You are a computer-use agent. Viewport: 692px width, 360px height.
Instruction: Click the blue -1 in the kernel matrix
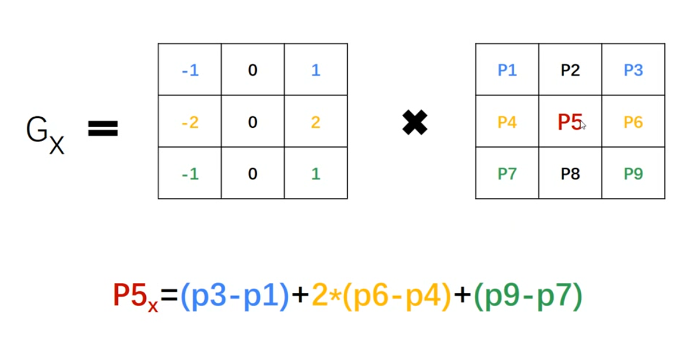pyautogui.click(x=190, y=70)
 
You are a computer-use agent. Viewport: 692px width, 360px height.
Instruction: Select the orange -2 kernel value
pyautogui.click(x=190, y=122)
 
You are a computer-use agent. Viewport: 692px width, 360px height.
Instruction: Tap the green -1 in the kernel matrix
pyautogui.click(x=190, y=174)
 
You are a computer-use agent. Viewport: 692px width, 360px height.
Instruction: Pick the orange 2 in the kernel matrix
pyautogui.click(x=315, y=122)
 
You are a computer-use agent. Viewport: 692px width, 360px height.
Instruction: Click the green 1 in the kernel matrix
pyautogui.click(x=315, y=174)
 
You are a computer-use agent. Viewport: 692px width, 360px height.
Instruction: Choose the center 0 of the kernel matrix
pyautogui.click(x=253, y=122)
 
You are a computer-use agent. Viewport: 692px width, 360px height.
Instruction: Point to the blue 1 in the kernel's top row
pyautogui.click(x=315, y=70)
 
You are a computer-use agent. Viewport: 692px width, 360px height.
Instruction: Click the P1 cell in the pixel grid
pyautogui.click(x=507, y=70)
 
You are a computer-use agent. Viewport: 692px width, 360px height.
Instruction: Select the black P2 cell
pyautogui.click(x=570, y=70)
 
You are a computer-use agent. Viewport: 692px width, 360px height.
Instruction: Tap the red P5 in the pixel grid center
pyautogui.click(x=569, y=122)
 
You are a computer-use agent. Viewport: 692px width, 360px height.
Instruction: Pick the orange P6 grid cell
pyautogui.click(x=633, y=122)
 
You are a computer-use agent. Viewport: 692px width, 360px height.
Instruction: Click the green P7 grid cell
pyautogui.click(x=507, y=174)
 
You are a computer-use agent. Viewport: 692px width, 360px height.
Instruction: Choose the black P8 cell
pyautogui.click(x=570, y=174)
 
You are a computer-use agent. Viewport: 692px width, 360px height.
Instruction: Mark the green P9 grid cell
pyautogui.click(x=633, y=174)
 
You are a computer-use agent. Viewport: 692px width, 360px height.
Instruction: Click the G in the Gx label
pyautogui.click(x=37, y=130)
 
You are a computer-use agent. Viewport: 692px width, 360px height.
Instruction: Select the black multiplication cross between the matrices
pyautogui.click(x=415, y=123)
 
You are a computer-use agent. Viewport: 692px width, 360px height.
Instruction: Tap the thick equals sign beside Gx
pyautogui.click(x=103, y=129)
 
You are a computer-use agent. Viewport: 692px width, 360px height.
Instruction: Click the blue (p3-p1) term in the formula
pyautogui.click(x=235, y=297)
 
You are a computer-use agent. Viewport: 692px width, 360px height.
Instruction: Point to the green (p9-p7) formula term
pyautogui.click(x=528, y=297)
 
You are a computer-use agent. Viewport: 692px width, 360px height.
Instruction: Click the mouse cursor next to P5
pyautogui.click(x=583, y=125)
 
